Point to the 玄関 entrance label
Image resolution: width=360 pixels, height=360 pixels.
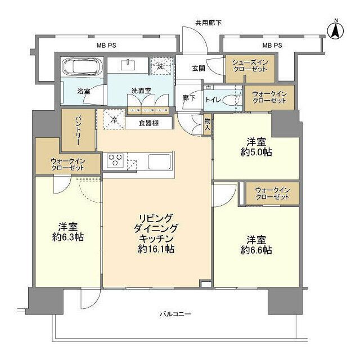pyautogui.click(x=199, y=68)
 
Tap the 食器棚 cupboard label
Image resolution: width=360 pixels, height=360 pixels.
pyautogui.click(x=148, y=122)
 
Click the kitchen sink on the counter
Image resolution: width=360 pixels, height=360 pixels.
pyautogui.click(x=161, y=162)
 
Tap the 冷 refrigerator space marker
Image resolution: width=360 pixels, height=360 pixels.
pyautogui.click(x=114, y=120)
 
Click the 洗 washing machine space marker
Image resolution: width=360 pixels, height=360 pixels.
pyautogui.click(x=160, y=66)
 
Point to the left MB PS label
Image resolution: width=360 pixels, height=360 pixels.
pyautogui.click(x=106, y=45)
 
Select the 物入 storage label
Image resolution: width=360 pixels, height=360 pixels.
pyautogui.click(x=207, y=124)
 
